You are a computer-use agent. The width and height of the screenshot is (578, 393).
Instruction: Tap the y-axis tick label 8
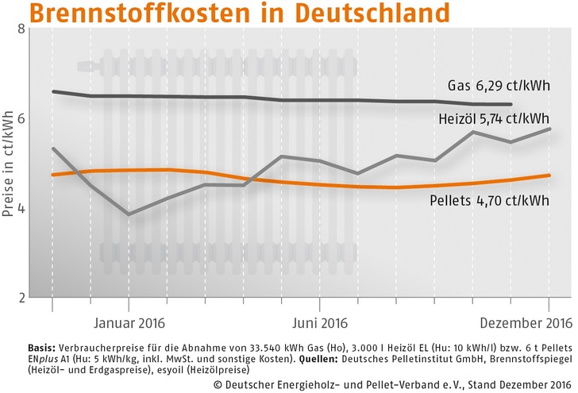tap(21, 29)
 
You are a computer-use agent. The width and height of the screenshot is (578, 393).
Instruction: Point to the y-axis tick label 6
tap(21, 118)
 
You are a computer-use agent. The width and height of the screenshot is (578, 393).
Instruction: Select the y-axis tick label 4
tap(21, 208)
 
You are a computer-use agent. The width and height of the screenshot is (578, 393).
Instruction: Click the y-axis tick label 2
tap(21, 298)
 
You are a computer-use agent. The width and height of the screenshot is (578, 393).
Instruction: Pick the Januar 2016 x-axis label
tap(128, 322)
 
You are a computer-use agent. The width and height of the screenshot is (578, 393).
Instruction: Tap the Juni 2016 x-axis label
tap(319, 322)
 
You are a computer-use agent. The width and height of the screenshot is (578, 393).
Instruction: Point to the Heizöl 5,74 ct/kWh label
tap(493, 119)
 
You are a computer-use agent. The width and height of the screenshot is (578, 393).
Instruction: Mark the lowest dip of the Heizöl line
tap(129, 214)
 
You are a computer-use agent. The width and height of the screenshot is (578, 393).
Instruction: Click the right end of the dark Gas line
tap(511, 105)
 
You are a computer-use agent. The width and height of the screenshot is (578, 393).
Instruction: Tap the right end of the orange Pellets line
tap(549, 175)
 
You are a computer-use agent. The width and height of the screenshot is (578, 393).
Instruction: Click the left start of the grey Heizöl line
tap(52, 148)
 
